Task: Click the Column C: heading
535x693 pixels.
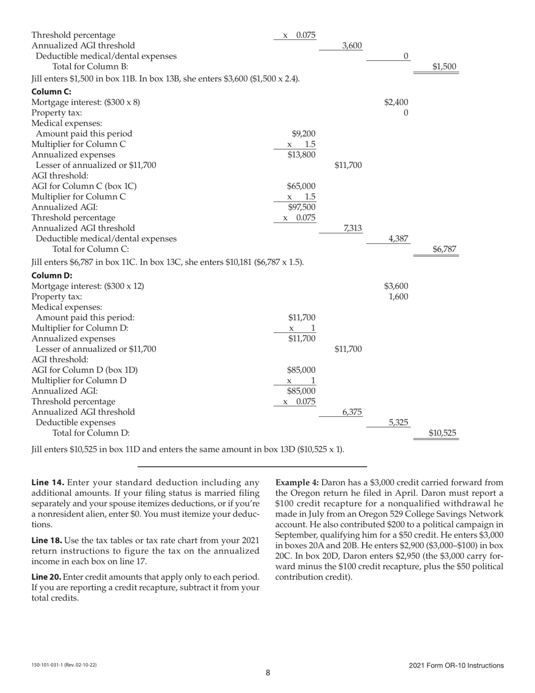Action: [x=51, y=91]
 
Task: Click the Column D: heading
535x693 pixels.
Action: [x=51, y=275]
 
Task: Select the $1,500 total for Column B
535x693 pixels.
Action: [x=444, y=66]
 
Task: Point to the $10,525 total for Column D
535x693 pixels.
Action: [x=442, y=433]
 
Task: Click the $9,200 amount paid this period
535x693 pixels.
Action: [x=304, y=134]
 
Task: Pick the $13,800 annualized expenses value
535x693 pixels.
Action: [x=301, y=154]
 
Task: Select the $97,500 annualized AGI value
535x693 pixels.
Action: [x=301, y=207]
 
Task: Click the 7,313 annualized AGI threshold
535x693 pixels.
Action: [x=352, y=228]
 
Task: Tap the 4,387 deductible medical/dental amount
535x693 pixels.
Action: [x=398, y=238]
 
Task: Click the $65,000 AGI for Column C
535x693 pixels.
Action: [x=301, y=186]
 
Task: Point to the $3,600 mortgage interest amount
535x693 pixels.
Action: [x=396, y=286]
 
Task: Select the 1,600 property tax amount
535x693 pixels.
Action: [x=398, y=296]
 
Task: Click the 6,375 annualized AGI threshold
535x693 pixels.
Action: [x=352, y=412]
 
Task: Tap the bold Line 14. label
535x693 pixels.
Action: [x=47, y=483]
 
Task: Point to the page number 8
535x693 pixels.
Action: [x=268, y=672]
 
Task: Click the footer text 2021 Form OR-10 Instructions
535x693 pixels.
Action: [x=456, y=665]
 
